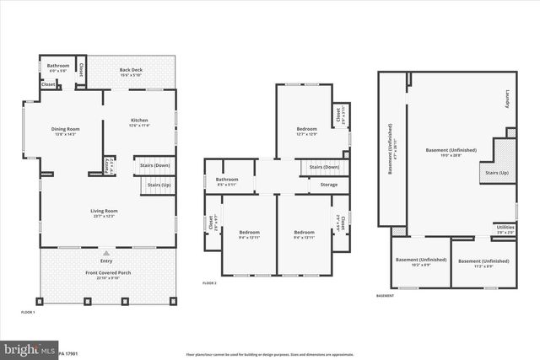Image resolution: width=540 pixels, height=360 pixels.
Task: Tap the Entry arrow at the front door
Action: coord(106,253)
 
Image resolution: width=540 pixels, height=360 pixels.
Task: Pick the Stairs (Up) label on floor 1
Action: coord(159,185)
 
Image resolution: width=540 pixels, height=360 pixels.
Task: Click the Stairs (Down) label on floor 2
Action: coord(324,167)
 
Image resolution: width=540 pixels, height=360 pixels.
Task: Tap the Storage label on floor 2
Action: coord(329,185)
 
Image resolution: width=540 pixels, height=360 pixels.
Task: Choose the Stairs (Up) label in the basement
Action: coord(495,173)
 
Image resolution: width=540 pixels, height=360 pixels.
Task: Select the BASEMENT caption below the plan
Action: coord(385,296)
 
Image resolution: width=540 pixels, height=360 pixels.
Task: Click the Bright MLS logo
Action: coord(25,349)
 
